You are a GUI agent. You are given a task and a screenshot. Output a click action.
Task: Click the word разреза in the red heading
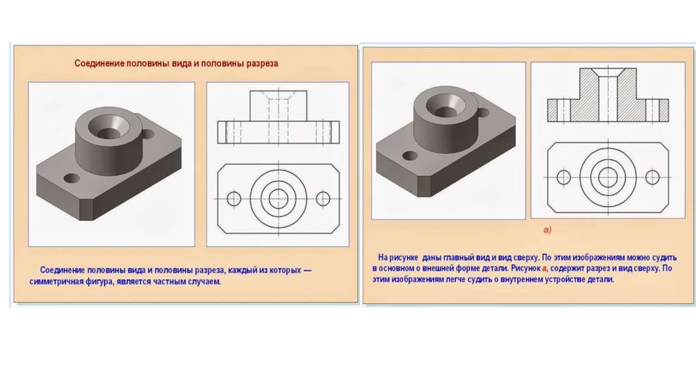click(x=261, y=63)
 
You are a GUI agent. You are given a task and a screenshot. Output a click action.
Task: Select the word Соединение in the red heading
click(x=99, y=63)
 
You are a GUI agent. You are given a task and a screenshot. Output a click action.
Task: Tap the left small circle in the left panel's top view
click(x=234, y=198)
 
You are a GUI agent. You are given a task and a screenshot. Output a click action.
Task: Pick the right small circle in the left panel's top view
click(x=323, y=198)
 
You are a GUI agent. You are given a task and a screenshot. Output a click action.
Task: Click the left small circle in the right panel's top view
click(x=563, y=177)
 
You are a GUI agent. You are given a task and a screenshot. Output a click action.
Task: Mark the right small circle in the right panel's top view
click(x=652, y=177)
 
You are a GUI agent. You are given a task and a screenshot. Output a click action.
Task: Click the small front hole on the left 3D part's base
click(x=71, y=179)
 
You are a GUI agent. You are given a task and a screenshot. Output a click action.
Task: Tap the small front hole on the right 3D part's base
click(x=410, y=156)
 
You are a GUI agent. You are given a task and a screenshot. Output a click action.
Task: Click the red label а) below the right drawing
click(x=547, y=230)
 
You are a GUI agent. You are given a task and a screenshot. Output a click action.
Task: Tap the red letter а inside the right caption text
click(x=544, y=269)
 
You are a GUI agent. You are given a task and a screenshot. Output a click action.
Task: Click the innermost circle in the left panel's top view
click(x=278, y=198)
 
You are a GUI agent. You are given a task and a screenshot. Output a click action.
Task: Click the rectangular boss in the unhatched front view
click(x=278, y=106)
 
